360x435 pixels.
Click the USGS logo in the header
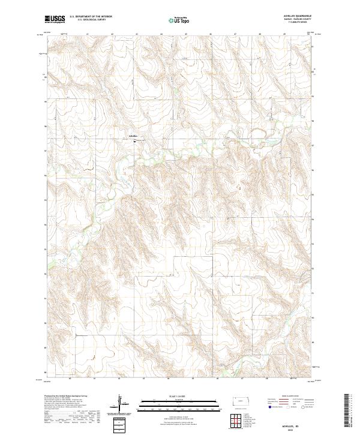pyautogui.click(x=55, y=19)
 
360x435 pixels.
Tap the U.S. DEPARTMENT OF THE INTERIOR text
pyautogui.click(x=90, y=17)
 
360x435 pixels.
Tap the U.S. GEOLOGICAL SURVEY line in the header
pyautogui.click(x=86, y=20)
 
